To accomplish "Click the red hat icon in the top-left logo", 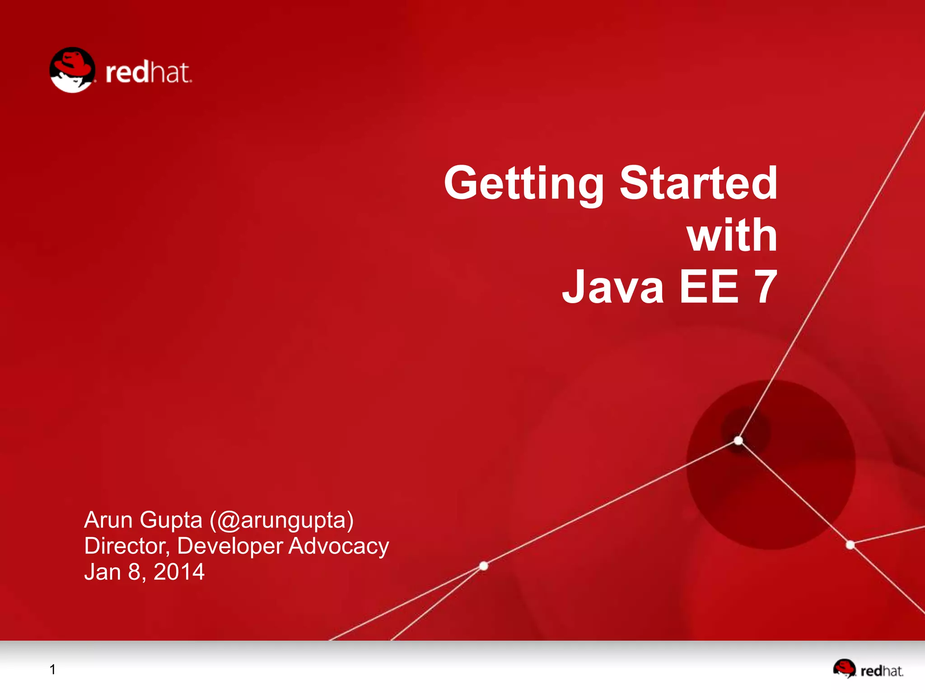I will click(72, 70).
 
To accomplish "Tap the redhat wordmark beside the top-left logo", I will click(148, 73).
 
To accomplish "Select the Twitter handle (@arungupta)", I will click(281, 521).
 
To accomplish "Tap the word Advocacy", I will click(338, 546).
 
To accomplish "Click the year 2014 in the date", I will click(179, 572).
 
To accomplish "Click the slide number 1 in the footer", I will click(53, 670).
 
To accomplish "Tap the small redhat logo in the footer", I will click(868, 670).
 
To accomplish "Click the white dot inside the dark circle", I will click(738, 440).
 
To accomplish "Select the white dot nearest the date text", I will click(484, 566).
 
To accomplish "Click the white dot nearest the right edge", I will click(850, 545).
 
